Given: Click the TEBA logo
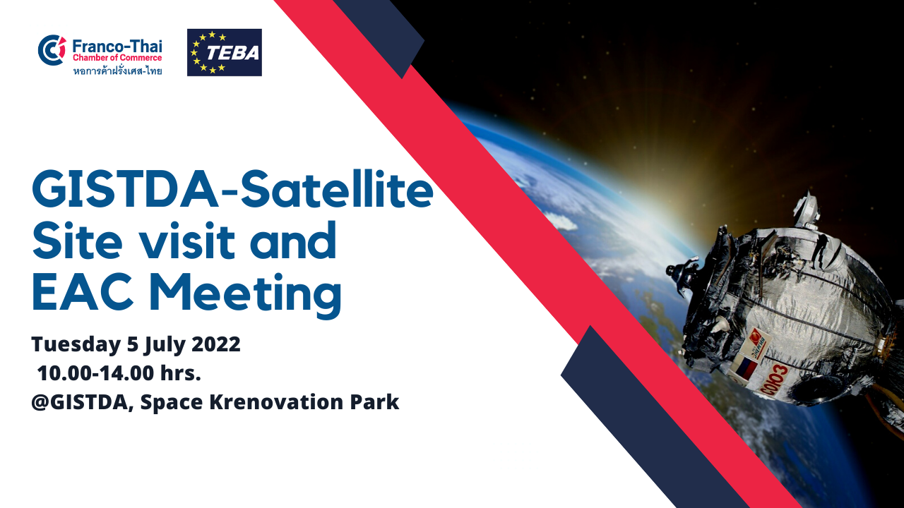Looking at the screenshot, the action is pyautogui.click(x=225, y=52).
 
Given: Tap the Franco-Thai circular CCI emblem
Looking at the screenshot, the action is pyautogui.click(x=52, y=50).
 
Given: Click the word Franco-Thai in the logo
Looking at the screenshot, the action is pyautogui.click(x=117, y=47).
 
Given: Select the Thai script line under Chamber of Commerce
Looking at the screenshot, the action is pyautogui.click(x=117, y=71).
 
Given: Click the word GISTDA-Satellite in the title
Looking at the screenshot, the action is pyautogui.click(x=232, y=190).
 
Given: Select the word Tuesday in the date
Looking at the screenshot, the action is pyautogui.click(x=76, y=345).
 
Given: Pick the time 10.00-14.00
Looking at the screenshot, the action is pyautogui.click(x=95, y=373).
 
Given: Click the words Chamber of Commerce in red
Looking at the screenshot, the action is pyautogui.click(x=117, y=58).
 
